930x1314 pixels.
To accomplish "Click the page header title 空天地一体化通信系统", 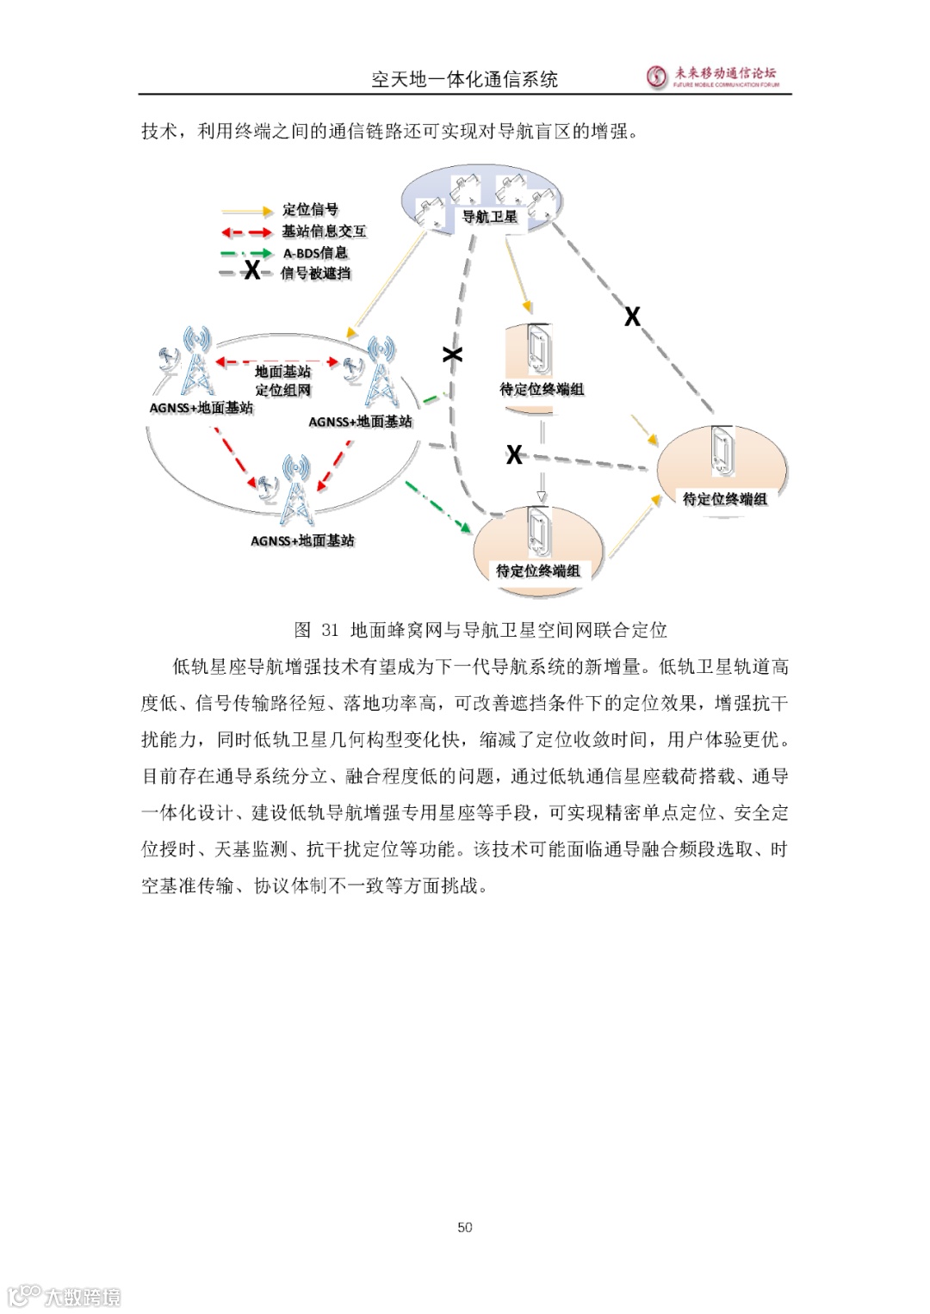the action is point(464,80).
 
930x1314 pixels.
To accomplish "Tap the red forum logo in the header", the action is point(658,77).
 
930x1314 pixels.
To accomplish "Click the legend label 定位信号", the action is point(310,210).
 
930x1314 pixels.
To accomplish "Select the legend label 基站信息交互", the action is point(324,231).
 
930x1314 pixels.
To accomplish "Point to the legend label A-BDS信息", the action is point(315,253).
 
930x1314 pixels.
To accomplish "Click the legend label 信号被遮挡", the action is point(315,274).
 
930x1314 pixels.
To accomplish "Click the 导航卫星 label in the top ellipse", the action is point(490,217).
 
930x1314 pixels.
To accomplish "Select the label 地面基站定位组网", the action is point(282,380).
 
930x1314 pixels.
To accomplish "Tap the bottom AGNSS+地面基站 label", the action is point(302,540).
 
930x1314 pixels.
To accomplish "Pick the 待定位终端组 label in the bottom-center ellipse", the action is point(538,571).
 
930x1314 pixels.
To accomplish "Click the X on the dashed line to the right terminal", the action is point(632,317).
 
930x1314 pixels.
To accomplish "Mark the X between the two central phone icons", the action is point(514,454).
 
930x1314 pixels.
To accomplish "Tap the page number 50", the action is point(465,1227).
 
